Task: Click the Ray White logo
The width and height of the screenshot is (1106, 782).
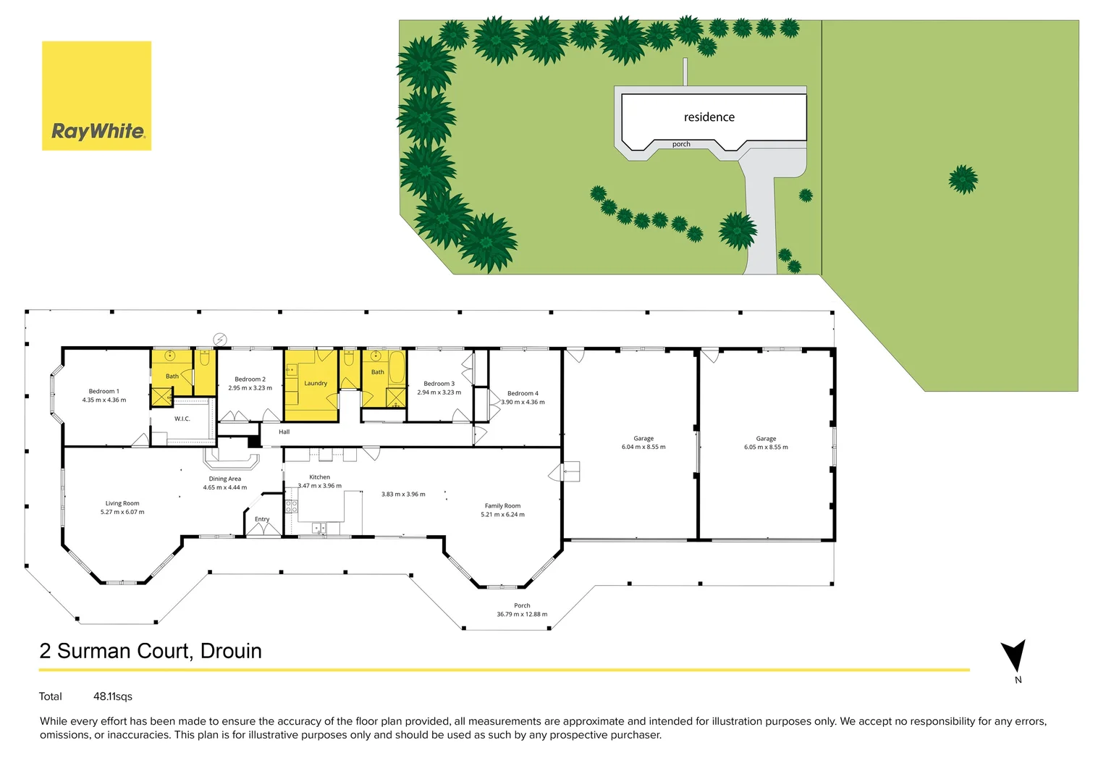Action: click(97, 96)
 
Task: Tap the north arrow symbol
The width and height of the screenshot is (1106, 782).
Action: click(1014, 655)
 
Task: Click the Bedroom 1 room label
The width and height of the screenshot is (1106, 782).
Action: click(104, 391)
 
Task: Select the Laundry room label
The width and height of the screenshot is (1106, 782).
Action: click(316, 383)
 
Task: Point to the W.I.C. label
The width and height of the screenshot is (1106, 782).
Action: click(182, 419)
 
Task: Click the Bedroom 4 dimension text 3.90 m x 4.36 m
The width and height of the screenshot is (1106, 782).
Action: click(523, 402)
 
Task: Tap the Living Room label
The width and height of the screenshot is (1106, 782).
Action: click(122, 503)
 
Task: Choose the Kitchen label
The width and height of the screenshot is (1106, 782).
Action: click(319, 477)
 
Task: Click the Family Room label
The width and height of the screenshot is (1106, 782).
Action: click(502, 506)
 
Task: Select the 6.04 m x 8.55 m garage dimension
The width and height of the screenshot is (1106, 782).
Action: click(643, 447)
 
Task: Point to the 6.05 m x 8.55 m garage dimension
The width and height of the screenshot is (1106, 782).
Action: click(766, 447)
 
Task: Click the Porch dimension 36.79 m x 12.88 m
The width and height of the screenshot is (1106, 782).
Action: click(522, 614)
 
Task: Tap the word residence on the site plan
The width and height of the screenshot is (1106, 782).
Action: click(709, 117)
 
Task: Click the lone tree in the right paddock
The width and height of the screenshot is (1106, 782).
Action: click(963, 179)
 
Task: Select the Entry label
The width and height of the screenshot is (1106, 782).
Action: click(262, 519)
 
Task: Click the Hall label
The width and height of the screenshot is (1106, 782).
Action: click(284, 432)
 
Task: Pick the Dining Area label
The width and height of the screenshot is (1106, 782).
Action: click(225, 479)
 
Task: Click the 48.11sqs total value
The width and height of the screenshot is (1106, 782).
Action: click(113, 697)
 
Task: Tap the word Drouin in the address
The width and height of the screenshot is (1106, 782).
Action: click(231, 651)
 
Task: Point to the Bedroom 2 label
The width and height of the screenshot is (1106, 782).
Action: click(250, 379)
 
